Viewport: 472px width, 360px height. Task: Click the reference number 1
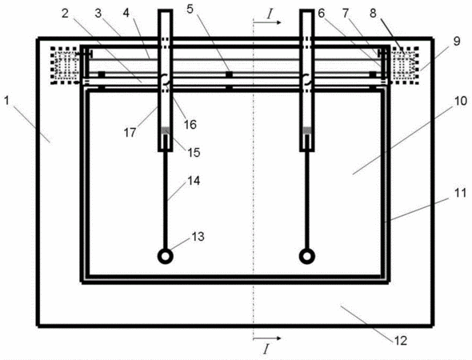(x=6, y=101)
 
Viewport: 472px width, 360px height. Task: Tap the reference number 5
(x=190, y=10)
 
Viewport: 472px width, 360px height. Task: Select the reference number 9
(x=457, y=41)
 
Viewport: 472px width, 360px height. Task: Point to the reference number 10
(x=460, y=101)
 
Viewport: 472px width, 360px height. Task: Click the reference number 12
(x=401, y=341)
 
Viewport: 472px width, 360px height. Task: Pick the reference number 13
(x=198, y=237)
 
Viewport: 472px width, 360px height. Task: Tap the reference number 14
(x=194, y=181)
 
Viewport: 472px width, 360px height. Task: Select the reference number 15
(x=194, y=152)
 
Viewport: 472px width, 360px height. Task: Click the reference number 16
(x=190, y=124)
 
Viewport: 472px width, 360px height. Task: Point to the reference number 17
(x=130, y=133)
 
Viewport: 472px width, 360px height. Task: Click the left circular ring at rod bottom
(x=166, y=257)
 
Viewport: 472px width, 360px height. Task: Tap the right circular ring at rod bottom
(x=306, y=257)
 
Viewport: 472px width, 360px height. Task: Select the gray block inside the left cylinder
(x=166, y=130)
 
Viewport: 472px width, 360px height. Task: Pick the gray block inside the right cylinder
(x=306, y=130)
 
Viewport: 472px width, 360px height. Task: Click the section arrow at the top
(x=267, y=22)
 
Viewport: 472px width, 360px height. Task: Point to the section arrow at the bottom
(x=267, y=338)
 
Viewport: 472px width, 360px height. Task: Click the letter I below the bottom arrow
(x=266, y=350)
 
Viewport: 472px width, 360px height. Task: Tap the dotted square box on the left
(x=66, y=66)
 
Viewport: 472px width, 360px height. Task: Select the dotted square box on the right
(x=405, y=65)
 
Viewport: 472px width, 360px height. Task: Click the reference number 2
(x=66, y=14)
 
